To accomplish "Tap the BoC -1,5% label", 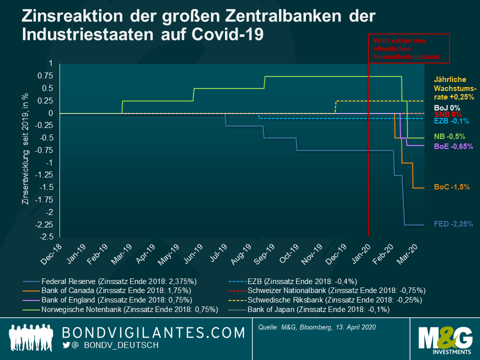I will pos(452,186).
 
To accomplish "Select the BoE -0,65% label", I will pos(453,146).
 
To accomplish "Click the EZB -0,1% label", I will pos(450,121).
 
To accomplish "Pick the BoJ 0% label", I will pos(447,107).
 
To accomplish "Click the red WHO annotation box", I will pos(409,48).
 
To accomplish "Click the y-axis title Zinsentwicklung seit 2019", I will pos(24,148).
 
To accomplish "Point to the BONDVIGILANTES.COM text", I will pos(153,332).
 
